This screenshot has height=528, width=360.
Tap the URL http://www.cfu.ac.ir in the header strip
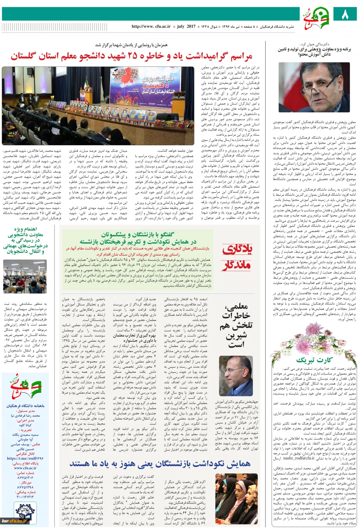pyautogui.click(x=151, y=26)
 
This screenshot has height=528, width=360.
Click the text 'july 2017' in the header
pyautogui.click(x=186, y=26)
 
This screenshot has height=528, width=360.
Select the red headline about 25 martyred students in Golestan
pyautogui.click(x=132, y=56)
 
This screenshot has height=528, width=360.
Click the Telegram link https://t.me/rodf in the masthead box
pyautogui.click(x=25, y=458)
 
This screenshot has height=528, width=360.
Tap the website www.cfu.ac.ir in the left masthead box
pyautogui.click(x=25, y=468)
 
